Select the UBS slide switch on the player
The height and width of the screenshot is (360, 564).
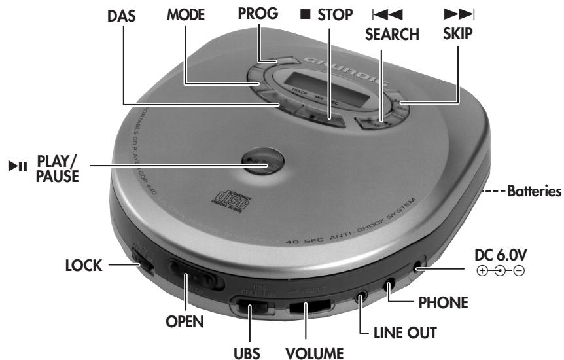(x=250, y=307)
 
